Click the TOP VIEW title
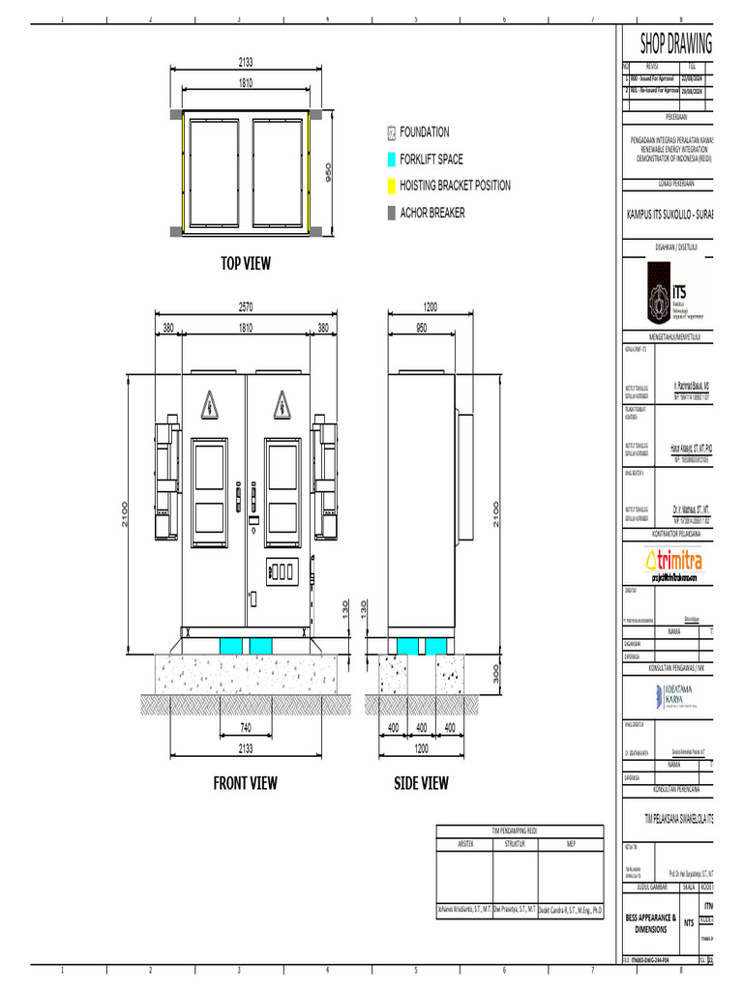[x=246, y=263]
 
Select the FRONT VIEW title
[x=246, y=782]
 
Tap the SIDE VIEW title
[x=421, y=782]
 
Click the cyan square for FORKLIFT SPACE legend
[x=391, y=160]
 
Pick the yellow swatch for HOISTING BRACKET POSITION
[x=391, y=186]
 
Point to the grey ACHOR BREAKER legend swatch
[x=391, y=212]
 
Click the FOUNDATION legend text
[x=424, y=132]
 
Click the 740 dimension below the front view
[x=246, y=726]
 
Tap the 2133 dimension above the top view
[x=246, y=61]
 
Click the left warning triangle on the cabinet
[x=209, y=403]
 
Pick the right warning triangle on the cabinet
[x=282, y=403]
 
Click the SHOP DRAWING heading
[x=675, y=44]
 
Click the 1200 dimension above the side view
[x=430, y=306]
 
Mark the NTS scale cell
[x=689, y=923]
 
